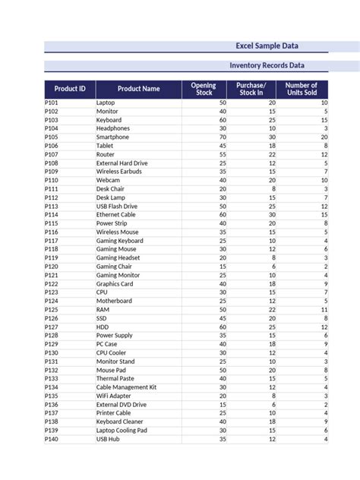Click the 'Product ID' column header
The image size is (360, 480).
click(x=70, y=89)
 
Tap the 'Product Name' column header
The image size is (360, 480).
click(x=138, y=89)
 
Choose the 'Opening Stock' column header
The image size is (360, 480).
click(x=204, y=89)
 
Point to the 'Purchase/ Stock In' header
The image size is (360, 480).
click(x=251, y=89)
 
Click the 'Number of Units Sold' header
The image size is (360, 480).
click(x=302, y=89)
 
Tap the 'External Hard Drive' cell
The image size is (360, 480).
click(x=122, y=163)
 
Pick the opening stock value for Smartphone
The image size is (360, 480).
click(x=222, y=137)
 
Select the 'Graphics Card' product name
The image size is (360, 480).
click(x=115, y=284)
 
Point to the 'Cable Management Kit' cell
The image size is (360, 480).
click(x=126, y=387)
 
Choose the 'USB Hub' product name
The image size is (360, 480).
click(x=108, y=439)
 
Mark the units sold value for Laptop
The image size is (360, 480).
click(x=324, y=103)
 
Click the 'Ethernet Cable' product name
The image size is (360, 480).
click(x=116, y=215)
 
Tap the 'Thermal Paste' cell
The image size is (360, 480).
click(x=115, y=379)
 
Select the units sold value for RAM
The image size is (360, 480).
click(x=324, y=310)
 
